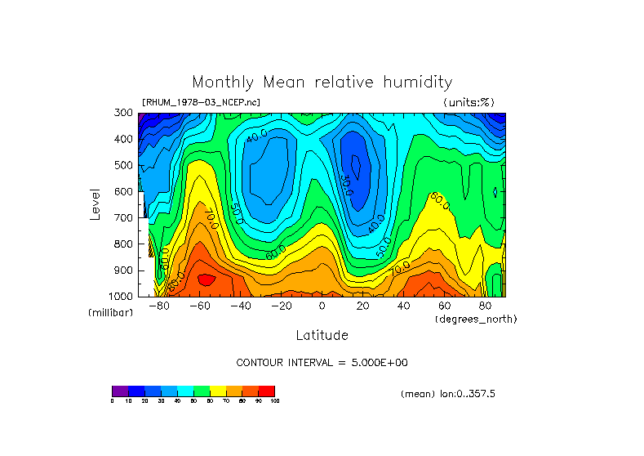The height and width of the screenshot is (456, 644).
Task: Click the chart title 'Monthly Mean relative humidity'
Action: point(322,83)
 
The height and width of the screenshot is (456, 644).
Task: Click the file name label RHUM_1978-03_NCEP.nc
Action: point(201,102)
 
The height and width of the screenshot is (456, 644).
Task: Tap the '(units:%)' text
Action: point(469,102)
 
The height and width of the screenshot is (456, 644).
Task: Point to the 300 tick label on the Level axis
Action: point(123,114)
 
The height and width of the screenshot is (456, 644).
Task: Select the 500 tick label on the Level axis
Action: point(123,166)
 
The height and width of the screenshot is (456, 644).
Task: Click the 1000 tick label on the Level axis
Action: point(121,296)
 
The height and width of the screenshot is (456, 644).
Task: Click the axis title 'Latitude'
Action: point(322,335)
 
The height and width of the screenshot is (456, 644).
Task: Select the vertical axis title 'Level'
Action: point(95,203)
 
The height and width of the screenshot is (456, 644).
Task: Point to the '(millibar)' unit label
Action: point(110,313)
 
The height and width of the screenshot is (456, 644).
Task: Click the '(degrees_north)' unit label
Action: point(475,319)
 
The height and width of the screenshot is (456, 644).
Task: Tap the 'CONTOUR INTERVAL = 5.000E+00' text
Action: point(322,362)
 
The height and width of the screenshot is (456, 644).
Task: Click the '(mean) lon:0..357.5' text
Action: point(448,394)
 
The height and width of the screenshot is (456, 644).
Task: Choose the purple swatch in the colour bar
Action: point(120,391)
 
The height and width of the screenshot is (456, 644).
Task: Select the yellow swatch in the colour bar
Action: point(218,391)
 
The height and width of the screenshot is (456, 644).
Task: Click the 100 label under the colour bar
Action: point(274,401)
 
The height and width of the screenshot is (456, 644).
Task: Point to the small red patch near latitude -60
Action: point(207,279)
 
